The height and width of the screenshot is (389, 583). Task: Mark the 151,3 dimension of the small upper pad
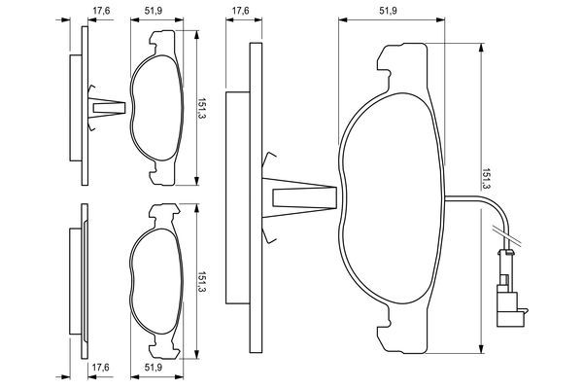coord(201,102)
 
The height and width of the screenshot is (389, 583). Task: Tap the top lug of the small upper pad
coord(161,41)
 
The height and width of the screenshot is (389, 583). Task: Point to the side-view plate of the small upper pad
coord(74,104)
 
